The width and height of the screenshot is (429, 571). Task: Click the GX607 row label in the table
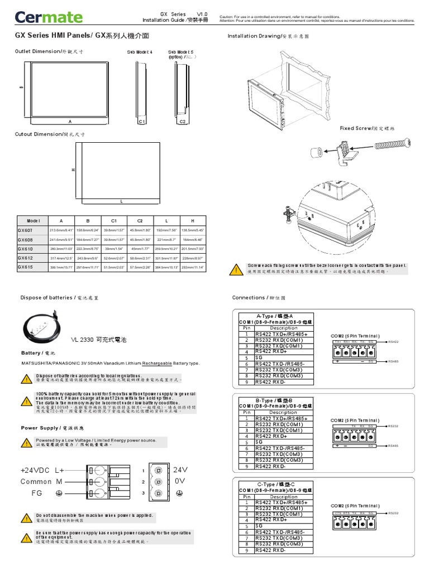26,229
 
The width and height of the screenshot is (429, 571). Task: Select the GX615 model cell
26,267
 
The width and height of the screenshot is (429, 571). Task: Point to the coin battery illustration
44,328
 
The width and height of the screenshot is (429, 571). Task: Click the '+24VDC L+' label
42,471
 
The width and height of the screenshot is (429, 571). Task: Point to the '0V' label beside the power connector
179,481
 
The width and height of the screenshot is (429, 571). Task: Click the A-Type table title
275,316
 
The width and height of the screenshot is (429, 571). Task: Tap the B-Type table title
275,400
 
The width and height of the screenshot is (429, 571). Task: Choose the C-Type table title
275,485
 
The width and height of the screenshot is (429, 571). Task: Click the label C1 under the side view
141,121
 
